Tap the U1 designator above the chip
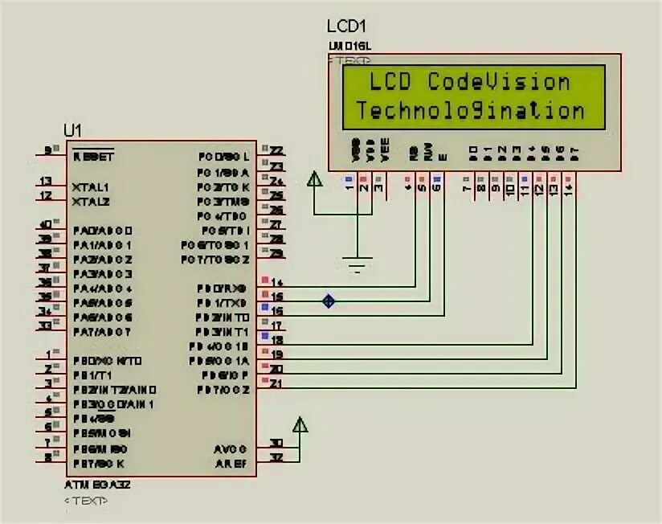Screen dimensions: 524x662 click(x=73, y=130)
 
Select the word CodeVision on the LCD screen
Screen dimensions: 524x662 click(x=498, y=82)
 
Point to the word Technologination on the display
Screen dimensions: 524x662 click(x=470, y=110)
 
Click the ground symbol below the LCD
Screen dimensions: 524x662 click(x=358, y=262)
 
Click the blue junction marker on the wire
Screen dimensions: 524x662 click(x=328, y=301)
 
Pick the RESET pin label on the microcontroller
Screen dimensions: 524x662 click(x=93, y=157)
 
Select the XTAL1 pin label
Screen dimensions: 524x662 click(x=90, y=186)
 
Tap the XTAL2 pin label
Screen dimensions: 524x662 click(x=91, y=201)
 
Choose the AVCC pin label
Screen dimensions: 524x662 click(x=231, y=448)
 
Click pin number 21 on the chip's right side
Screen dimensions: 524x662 click(x=276, y=385)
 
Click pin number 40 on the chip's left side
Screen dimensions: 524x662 click(x=47, y=224)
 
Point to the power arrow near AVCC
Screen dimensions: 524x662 click(x=300, y=425)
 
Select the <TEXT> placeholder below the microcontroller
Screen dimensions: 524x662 click(x=86, y=501)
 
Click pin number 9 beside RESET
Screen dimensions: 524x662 click(x=48, y=150)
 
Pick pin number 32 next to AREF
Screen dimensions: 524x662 click(x=276, y=458)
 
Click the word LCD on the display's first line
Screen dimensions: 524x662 click(x=390, y=82)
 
